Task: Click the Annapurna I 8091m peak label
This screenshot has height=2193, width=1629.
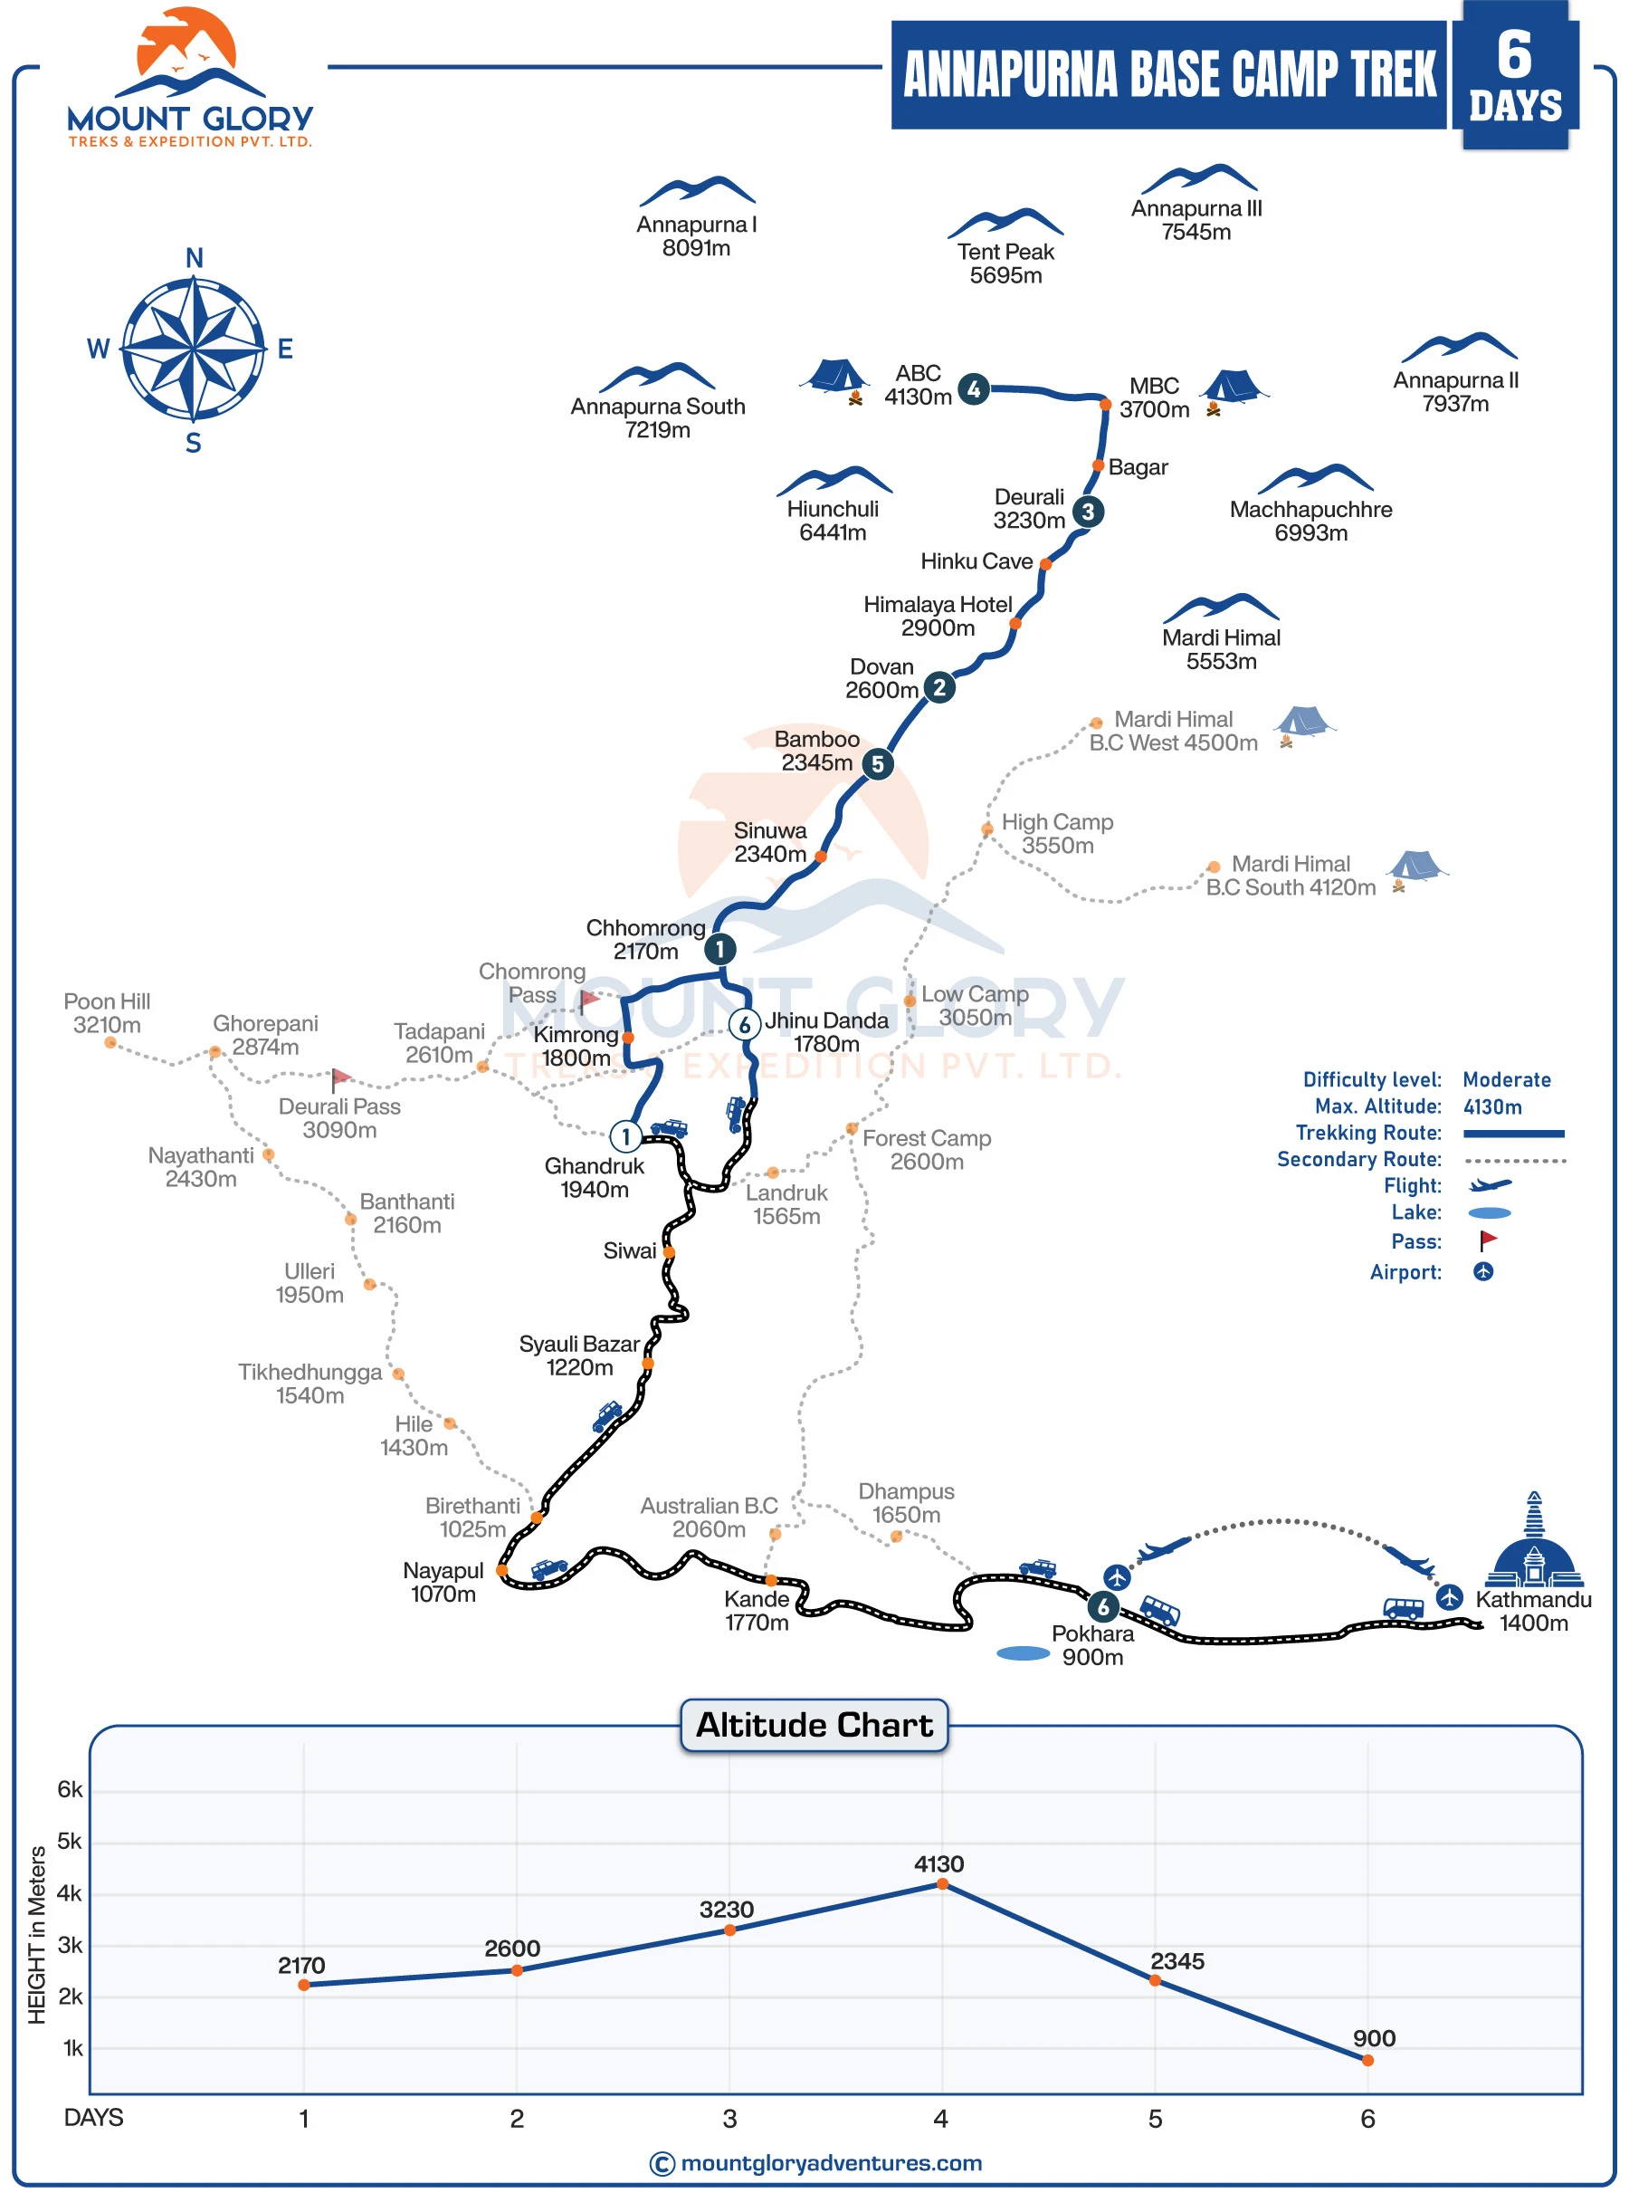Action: [696, 235]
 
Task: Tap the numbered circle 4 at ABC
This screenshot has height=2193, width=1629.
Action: [973, 388]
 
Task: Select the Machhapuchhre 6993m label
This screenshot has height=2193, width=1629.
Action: [1310, 521]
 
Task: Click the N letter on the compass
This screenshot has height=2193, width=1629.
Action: [195, 257]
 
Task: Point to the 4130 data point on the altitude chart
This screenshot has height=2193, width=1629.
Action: [942, 1884]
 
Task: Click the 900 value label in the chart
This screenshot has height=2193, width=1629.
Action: [1374, 2038]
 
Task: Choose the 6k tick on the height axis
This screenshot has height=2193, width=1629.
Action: [70, 1789]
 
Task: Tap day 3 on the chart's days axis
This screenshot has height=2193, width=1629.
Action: [729, 2118]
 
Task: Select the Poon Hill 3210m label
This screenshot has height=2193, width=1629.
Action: [108, 1013]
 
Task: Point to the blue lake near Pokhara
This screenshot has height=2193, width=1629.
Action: [1023, 1653]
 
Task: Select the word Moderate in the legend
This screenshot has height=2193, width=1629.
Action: [1506, 1079]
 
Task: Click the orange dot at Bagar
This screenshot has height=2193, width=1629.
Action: [1098, 465]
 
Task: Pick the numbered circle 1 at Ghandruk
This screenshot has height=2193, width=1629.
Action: [625, 1136]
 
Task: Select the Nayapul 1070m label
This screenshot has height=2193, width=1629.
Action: [443, 1583]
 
